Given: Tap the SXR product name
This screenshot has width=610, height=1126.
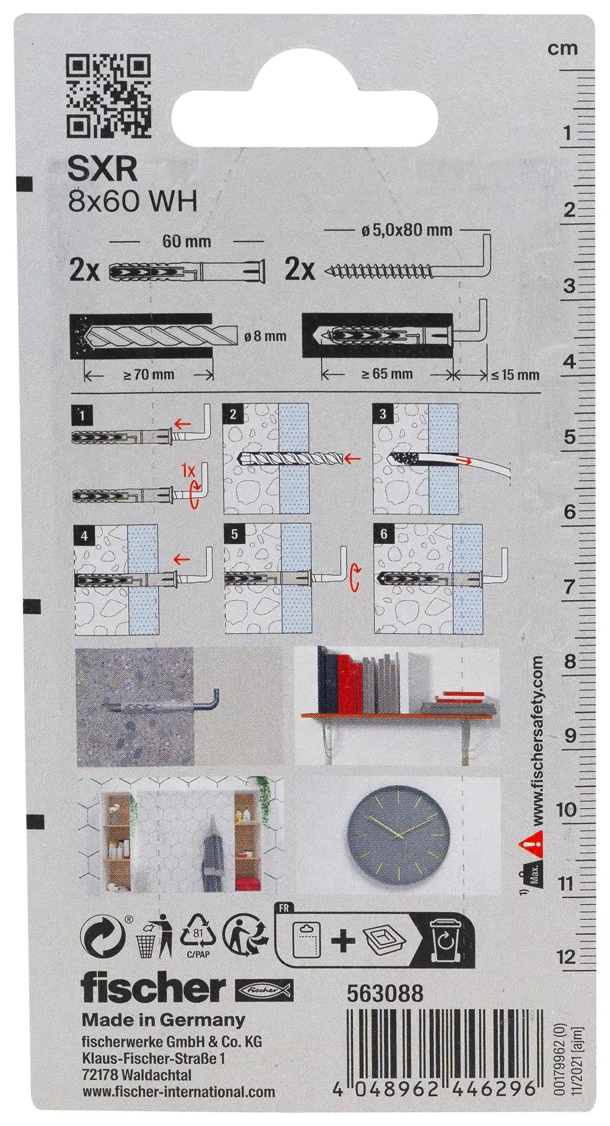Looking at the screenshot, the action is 102,170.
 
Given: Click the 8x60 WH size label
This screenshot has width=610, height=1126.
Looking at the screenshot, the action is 132,202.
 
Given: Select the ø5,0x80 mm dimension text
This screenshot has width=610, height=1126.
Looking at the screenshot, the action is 407,230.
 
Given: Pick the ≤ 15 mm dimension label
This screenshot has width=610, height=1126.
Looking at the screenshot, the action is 514,375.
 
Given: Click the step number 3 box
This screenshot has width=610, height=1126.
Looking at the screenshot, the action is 383,414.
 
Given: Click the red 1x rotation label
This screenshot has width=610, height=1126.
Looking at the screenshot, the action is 188,471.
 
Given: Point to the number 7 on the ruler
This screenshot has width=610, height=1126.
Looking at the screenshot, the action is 570,587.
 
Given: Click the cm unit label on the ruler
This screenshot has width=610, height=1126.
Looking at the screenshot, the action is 563,49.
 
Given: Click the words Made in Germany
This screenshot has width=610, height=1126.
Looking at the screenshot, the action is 163,1020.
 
